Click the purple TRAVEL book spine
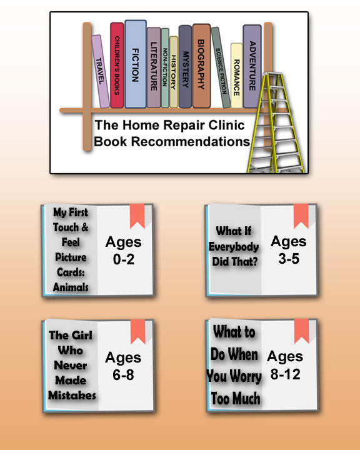click(101, 71)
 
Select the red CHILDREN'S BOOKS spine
click(117, 65)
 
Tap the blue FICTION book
click(136, 64)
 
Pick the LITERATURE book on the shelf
click(154, 67)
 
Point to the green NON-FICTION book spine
click(165, 68)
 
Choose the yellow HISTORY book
click(174, 72)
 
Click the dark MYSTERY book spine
click(185, 67)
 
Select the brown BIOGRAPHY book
click(201, 66)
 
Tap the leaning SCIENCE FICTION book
click(221, 67)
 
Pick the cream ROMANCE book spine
click(237, 76)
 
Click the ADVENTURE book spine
click(252, 66)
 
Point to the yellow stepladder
click(275, 122)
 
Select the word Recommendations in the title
click(191, 141)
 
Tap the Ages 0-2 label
click(124, 251)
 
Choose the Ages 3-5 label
click(289, 249)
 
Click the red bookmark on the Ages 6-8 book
click(137, 331)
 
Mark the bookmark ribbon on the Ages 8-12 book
click(301, 331)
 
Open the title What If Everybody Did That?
click(234, 246)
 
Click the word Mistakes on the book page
click(72, 396)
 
